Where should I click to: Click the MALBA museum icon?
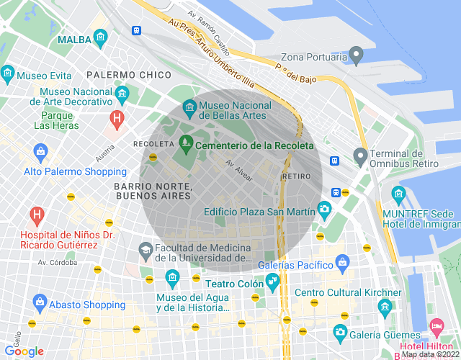pyautogui.click(x=100, y=37)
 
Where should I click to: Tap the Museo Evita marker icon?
pyautogui.click(x=8, y=73)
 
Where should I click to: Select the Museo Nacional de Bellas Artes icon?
pyautogui.click(x=189, y=107)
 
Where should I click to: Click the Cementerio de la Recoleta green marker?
pyautogui.click(x=186, y=145)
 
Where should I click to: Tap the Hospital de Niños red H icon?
pyautogui.click(x=35, y=215)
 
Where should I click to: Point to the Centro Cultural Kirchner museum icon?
pyautogui.click(x=385, y=307)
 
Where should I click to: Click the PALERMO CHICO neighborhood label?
pyautogui.click(x=128, y=74)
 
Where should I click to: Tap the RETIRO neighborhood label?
pyautogui.click(x=297, y=176)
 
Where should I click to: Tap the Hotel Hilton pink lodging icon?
pyautogui.click(x=436, y=326)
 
